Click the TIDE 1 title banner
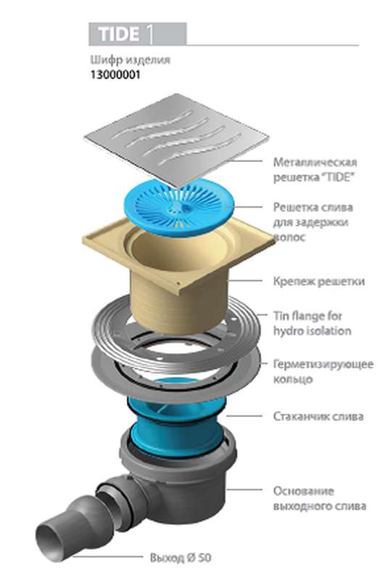[x=137, y=34]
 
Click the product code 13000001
[x=115, y=75]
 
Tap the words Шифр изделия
[x=131, y=60]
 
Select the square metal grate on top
[x=176, y=140]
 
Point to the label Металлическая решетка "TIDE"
[x=315, y=169]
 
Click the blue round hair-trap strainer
[x=180, y=206]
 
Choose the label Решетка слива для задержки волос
[x=313, y=222]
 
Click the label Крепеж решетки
[x=319, y=281]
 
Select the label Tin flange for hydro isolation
[x=312, y=323]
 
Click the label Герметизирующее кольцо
[x=323, y=371]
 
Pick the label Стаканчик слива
[x=318, y=416]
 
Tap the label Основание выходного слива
[x=320, y=498]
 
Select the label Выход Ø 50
[x=181, y=558]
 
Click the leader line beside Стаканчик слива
[x=244, y=415]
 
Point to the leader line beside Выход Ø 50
[x=107, y=556]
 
